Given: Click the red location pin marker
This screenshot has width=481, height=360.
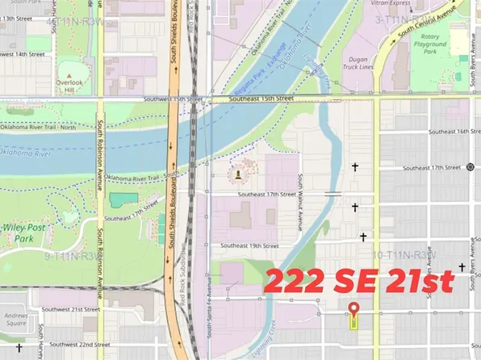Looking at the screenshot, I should pyautogui.click(x=353, y=309).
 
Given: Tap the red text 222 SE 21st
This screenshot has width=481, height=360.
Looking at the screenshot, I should pyautogui.click(x=359, y=283).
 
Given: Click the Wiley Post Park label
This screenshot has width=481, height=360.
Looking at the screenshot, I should pyautogui.click(x=18, y=233).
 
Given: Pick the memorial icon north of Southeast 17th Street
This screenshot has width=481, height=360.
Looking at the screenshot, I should pyautogui.click(x=238, y=174).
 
